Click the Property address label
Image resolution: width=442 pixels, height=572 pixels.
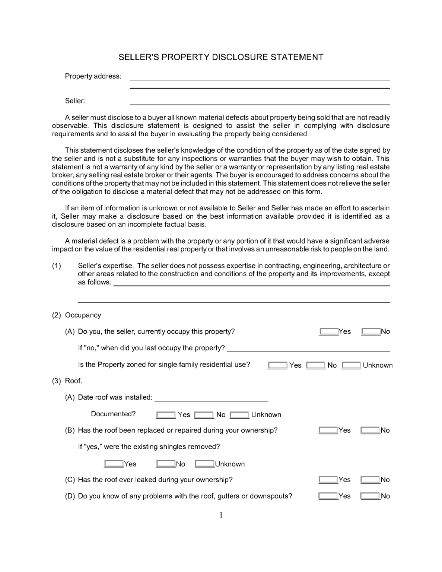93,76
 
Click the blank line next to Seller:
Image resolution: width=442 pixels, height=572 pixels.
259,102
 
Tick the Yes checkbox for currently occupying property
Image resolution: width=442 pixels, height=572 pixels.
328,331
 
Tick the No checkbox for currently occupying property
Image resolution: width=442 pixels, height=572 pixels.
371,331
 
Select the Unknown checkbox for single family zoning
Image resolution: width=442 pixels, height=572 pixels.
351,365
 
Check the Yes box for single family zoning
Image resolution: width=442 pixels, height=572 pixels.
277,365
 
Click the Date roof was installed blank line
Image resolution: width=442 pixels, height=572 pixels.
211,398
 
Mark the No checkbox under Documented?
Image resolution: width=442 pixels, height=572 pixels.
204,415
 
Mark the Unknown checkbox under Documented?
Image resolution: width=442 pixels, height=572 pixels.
239,415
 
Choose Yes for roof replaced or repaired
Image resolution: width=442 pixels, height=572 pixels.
328,430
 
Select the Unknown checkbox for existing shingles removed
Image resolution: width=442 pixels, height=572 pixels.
204,464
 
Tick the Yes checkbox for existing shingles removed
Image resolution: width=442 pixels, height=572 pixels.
114,464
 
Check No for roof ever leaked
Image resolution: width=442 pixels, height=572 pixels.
370,480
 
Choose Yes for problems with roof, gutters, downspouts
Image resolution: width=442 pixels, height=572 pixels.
328,496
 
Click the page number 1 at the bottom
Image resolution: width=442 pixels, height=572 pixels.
221,515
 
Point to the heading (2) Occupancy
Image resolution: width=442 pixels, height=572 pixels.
76,315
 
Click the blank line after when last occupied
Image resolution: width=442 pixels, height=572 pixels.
308,349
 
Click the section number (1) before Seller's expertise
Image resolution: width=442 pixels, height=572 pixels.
56,266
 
